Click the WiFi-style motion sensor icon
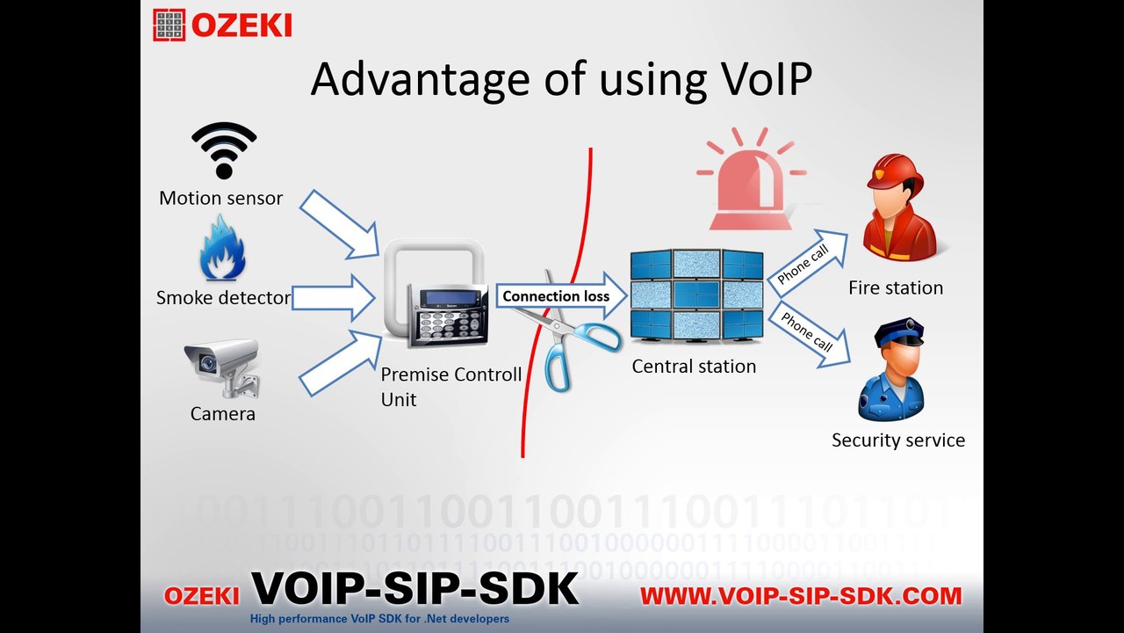coord(224,150)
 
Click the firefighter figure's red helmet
coord(893,171)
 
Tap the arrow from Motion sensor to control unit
coord(338,224)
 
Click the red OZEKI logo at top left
coord(223,25)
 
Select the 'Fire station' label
coord(896,287)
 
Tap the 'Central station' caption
coord(694,366)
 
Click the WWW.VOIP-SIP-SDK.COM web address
coord(801,596)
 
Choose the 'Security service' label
coord(897,440)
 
